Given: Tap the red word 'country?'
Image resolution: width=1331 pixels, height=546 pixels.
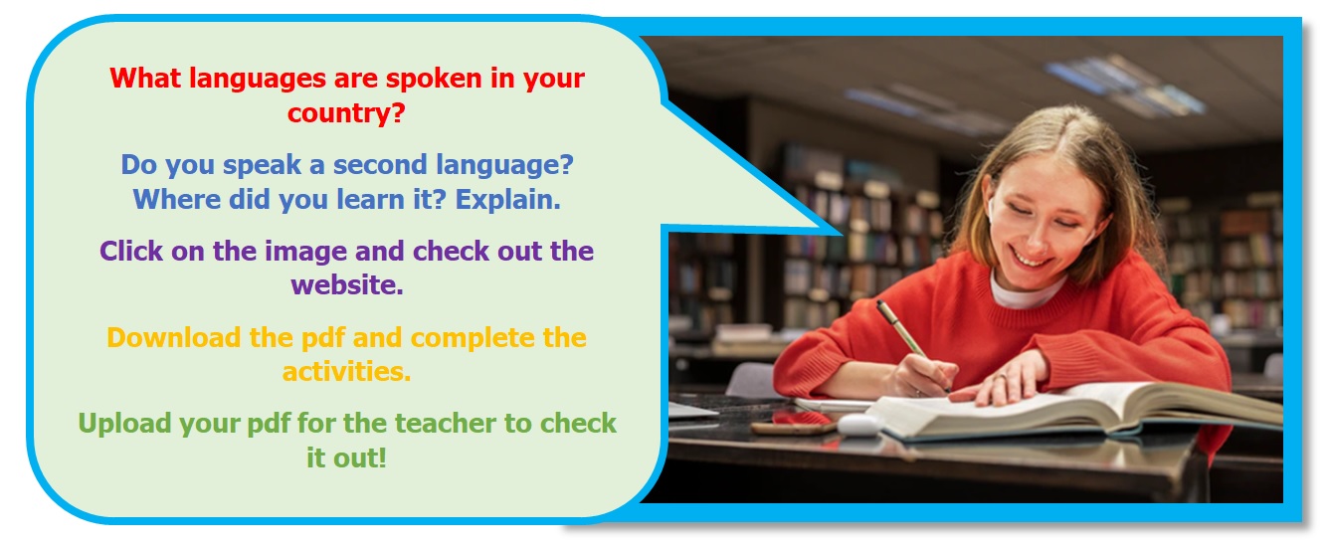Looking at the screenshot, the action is coord(346,113).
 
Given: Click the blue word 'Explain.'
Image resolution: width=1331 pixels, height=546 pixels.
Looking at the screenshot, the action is coord(508,200).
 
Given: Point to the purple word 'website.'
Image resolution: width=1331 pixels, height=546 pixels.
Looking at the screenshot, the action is coord(347,285).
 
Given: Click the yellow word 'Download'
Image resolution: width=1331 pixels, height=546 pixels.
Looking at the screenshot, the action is coord(174,337).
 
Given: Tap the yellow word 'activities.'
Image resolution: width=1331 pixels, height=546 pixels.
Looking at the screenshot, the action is coord(347,372).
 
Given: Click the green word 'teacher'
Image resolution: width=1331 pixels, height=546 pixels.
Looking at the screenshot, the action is coord(446,424).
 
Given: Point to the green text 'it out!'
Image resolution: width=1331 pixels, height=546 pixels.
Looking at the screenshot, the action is coord(347,458).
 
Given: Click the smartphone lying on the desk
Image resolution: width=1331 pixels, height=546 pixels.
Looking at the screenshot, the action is coord(793,425).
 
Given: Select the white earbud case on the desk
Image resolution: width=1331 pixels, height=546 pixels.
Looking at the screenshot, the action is coord(859,425).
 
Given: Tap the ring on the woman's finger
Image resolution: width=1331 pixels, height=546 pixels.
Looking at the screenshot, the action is coord(1001,376).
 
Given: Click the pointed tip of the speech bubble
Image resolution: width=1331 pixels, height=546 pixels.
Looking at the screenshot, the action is coord(841,233).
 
